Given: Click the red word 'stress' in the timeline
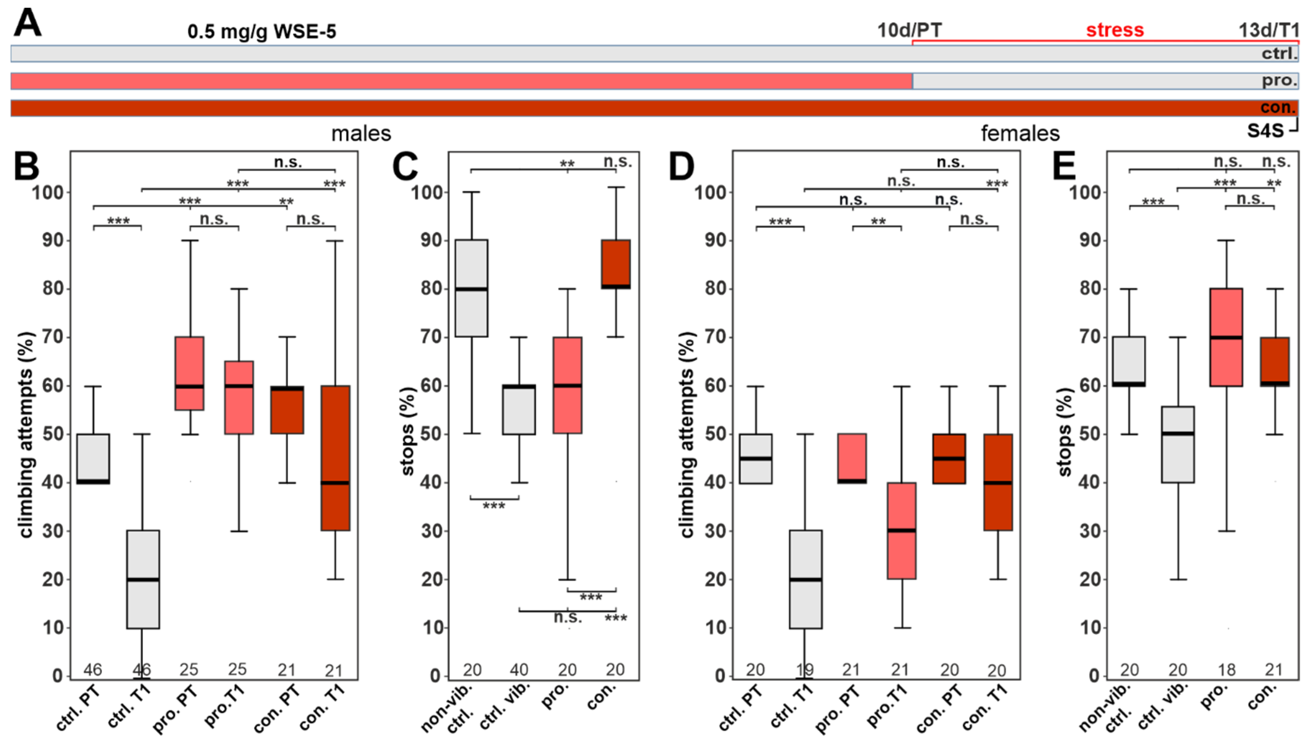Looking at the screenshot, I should pyautogui.click(x=1114, y=30).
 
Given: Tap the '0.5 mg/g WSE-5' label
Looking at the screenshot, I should pyautogui.click(x=261, y=32).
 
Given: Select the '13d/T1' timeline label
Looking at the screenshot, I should pyautogui.click(x=1268, y=30).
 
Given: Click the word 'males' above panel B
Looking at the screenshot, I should pyautogui.click(x=361, y=134).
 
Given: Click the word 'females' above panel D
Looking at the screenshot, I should pyautogui.click(x=1020, y=134).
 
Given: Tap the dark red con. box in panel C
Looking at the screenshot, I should pyautogui.click(x=615, y=264).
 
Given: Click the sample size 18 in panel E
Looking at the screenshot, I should pyautogui.click(x=1226, y=670).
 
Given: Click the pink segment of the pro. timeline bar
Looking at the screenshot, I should pyautogui.click(x=461, y=81).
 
